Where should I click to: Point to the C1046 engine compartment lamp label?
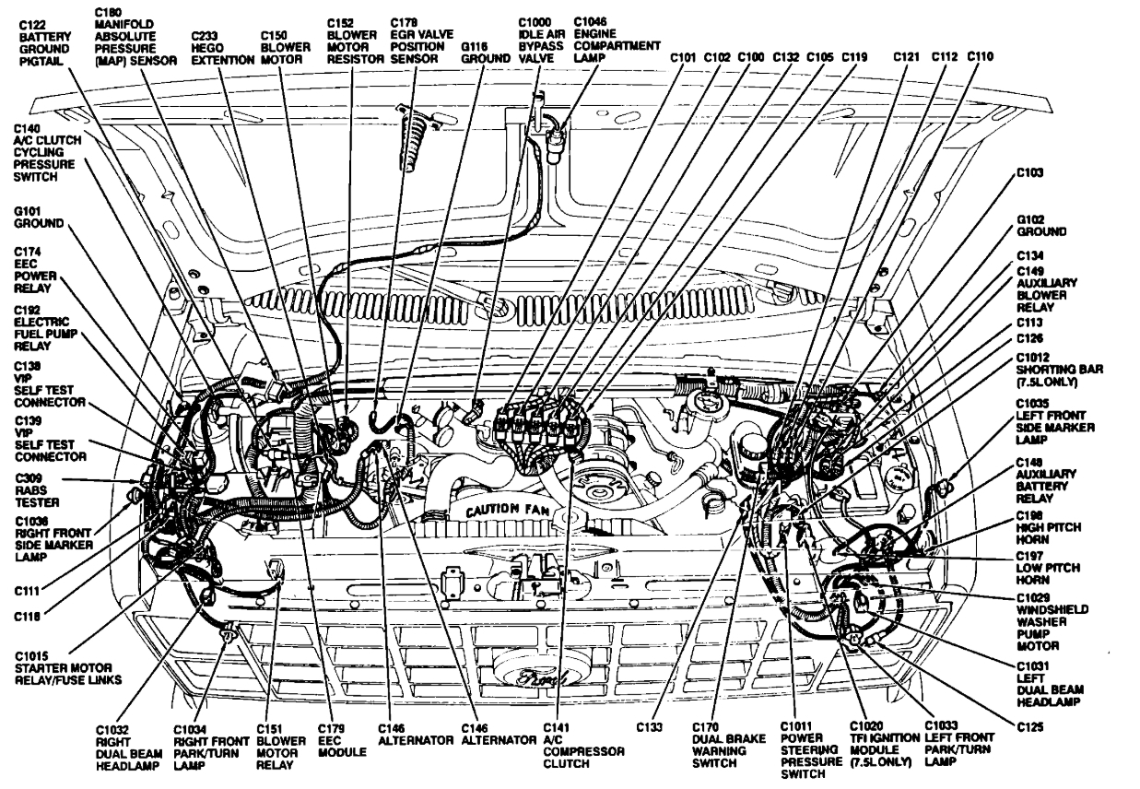coord(616,39)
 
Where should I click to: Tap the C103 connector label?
coord(1030,172)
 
